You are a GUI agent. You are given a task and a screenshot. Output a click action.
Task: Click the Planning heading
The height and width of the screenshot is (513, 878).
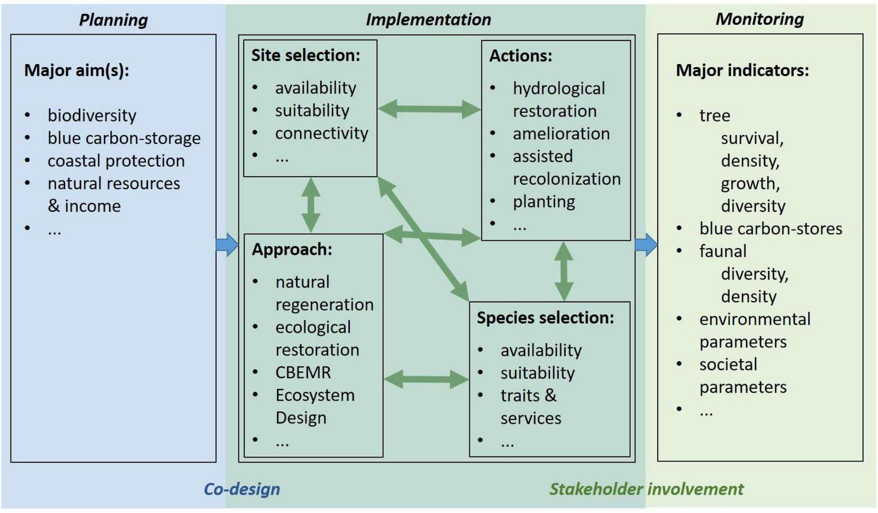pos(114,20)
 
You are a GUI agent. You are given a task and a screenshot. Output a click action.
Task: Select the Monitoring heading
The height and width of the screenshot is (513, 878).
pos(759,19)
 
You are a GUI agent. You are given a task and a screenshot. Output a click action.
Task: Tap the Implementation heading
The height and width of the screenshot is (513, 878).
pos(428,20)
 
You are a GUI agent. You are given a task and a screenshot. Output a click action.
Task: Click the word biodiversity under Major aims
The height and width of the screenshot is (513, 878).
pos(92,116)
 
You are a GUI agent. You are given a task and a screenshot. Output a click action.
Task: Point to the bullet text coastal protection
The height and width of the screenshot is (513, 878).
pos(116,161)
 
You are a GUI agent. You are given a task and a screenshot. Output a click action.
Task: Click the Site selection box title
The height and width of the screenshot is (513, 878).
pos(305,55)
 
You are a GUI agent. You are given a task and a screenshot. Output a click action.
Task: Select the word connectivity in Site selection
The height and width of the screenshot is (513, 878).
pos(321,133)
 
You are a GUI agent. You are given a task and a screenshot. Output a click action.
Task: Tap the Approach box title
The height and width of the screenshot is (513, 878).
pos(292,249)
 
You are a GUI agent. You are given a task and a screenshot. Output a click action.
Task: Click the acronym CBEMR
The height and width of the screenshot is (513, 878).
pos(303,372)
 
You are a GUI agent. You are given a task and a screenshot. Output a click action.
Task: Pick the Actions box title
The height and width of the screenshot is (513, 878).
pos(520,56)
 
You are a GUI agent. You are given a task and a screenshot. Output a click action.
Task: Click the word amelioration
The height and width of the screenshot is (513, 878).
pos(561,134)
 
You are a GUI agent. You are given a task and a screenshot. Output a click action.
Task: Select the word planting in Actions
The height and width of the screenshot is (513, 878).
pos(543,202)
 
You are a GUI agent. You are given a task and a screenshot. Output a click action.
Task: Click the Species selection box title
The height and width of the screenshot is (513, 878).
pos(545,318)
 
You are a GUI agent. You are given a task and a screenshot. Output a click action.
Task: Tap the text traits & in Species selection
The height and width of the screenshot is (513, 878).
pos(528,395)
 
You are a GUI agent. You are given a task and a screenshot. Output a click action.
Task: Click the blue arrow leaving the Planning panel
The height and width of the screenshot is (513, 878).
pos(227,245)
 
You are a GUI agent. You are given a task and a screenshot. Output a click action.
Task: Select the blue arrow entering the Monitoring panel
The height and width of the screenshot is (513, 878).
pos(646,245)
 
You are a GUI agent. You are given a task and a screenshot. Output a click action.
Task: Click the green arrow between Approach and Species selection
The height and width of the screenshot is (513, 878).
pos(426,379)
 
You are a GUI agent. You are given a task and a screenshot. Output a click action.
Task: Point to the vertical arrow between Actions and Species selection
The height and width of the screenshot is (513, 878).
pos(564,271)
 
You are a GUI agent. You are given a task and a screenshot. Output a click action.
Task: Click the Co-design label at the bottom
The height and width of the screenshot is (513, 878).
pos(242,489)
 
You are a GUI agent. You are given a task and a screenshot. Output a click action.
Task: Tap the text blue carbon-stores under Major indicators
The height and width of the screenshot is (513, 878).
pos(770,229)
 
